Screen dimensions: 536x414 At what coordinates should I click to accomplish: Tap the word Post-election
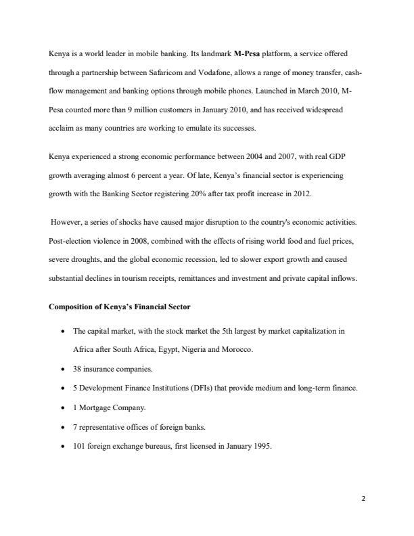(70, 241)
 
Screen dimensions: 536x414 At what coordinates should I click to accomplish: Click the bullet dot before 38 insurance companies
(63, 370)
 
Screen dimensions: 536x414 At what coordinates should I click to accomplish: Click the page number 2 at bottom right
(363, 499)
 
